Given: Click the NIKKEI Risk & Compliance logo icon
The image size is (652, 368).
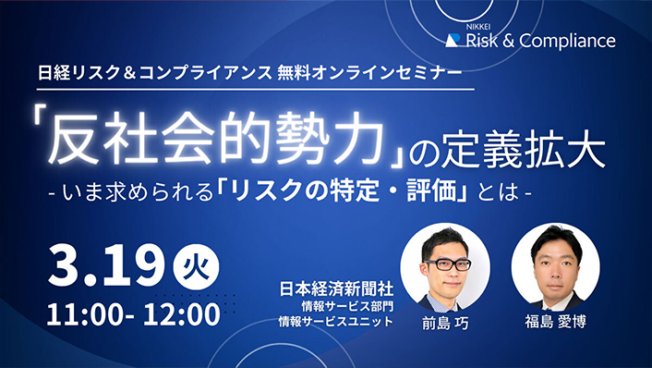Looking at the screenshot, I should coord(453,41).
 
